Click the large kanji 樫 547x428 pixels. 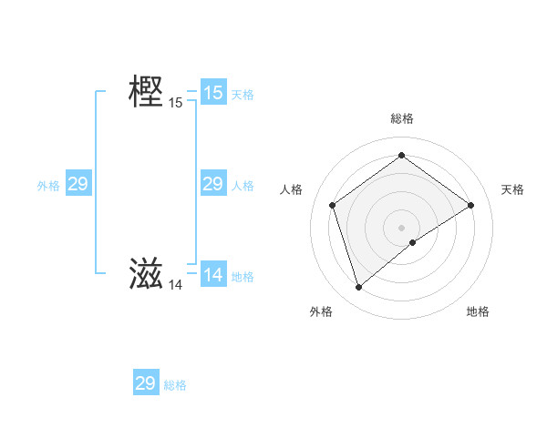(x=146, y=93)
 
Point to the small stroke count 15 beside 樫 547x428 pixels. (x=176, y=103)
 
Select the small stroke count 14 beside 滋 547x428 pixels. (x=176, y=285)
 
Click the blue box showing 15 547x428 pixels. (x=212, y=93)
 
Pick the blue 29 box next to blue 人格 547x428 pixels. (x=212, y=184)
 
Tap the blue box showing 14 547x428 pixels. (x=212, y=275)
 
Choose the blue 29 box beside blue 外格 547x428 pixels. (x=77, y=185)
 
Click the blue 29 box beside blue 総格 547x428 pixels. (x=146, y=383)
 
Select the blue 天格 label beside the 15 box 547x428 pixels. (x=243, y=95)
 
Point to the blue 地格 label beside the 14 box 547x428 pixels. (x=243, y=277)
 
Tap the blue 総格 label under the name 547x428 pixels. (x=175, y=385)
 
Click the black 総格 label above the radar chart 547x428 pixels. (x=402, y=118)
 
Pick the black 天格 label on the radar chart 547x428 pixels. (x=513, y=189)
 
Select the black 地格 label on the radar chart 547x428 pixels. (x=478, y=311)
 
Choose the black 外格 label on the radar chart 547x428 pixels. (x=321, y=311)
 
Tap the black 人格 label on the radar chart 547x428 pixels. (x=292, y=189)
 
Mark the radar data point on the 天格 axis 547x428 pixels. (x=470, y=205)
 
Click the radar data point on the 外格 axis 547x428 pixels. (x=358, y=288)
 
